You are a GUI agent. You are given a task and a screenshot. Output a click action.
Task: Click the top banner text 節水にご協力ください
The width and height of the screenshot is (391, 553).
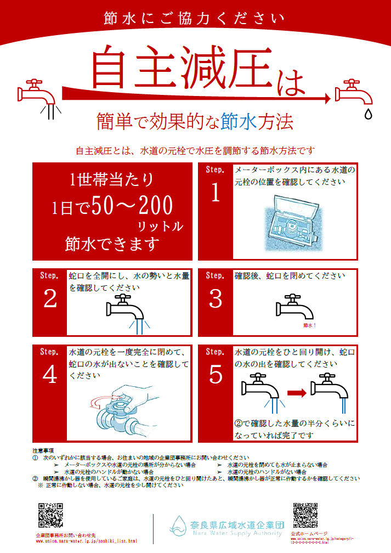195,19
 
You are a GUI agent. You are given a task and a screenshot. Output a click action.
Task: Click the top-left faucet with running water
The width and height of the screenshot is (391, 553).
38,93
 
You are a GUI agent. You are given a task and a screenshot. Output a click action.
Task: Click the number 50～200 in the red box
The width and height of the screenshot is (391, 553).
132,206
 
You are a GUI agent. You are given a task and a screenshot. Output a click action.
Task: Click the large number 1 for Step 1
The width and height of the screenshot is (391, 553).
215,194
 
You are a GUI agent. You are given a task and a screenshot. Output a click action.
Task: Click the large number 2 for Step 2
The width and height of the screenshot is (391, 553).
50,299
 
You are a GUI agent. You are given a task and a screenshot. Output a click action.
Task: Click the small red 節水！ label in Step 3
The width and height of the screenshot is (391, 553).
310,325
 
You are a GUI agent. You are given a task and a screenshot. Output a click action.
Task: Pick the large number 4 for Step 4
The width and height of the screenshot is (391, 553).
50,375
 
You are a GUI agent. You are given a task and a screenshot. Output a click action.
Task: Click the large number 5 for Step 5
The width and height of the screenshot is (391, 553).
216,375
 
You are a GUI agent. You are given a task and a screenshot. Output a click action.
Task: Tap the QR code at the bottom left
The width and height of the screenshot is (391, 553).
50,516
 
